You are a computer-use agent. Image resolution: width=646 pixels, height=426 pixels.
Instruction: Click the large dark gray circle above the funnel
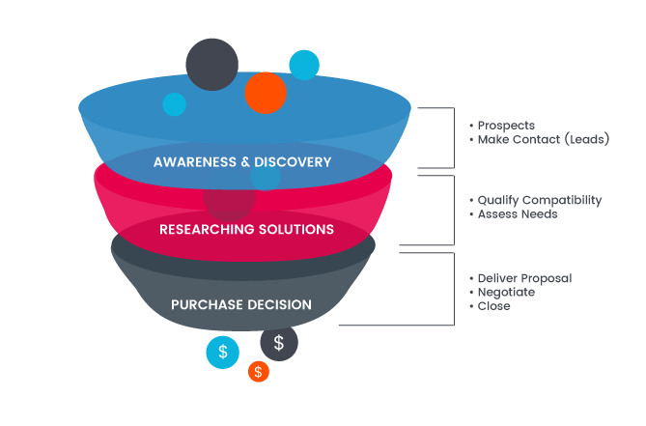coord(211,64)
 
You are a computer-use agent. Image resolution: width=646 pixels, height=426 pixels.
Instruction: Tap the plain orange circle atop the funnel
coord(266,93)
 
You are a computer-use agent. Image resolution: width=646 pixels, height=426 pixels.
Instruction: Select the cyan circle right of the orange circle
coord(304,65)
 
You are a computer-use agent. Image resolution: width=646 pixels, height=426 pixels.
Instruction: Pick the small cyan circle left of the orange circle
coord(174,104)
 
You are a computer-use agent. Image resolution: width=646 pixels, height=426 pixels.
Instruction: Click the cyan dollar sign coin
coord(223,352)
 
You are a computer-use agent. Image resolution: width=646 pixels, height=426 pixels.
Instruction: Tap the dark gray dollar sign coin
coord(279,342)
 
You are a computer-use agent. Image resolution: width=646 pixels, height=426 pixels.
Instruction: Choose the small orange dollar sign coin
coord(258,371)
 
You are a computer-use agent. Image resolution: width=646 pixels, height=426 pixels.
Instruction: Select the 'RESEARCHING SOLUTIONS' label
coord(246,229)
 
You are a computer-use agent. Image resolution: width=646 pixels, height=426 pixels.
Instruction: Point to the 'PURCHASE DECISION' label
coord(241,304)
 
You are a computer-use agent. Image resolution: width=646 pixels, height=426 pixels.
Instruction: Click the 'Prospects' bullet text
coord(506,126)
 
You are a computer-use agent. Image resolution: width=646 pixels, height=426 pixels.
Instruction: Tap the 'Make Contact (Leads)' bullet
coord(544,139)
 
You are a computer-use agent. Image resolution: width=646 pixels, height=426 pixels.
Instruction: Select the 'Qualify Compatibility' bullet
coord(540,200)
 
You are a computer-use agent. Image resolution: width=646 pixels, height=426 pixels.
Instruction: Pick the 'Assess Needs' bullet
coord(518,213)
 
